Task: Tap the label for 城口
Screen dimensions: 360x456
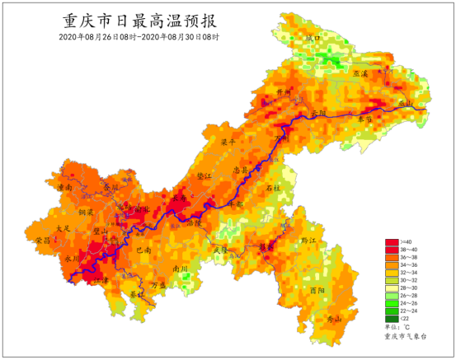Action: [x=312, y=38]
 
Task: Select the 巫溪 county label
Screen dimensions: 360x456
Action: [x=360, y=74]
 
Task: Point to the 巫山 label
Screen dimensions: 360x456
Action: [x=405, y=102]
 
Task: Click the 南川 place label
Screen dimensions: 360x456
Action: [x=181, y=269]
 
